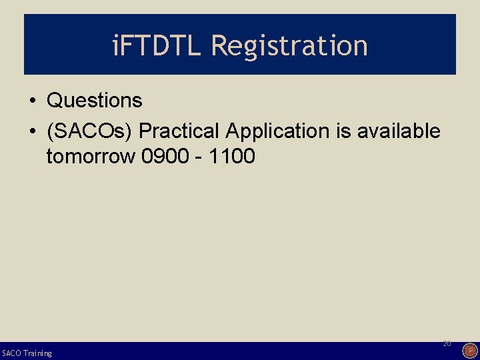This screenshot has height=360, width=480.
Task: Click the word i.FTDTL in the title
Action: pos(158,45)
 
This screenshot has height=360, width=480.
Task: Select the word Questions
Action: pos(94,101)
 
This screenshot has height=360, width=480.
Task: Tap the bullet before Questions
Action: pos(32,101)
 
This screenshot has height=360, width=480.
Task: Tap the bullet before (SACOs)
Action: pos(32,132)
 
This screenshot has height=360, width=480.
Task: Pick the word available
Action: pos(399,131)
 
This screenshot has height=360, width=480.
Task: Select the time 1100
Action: pos(231,157)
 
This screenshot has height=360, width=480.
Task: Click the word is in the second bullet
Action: pos(344,131)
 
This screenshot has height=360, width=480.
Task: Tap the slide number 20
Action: pos(447,343)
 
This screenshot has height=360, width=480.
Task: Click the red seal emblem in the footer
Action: pos(469,351)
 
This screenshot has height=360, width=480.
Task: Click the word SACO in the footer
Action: pos(11,353)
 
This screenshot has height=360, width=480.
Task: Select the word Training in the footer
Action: pos(37,353)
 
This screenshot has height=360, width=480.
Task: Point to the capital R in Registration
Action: pos(219,45)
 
